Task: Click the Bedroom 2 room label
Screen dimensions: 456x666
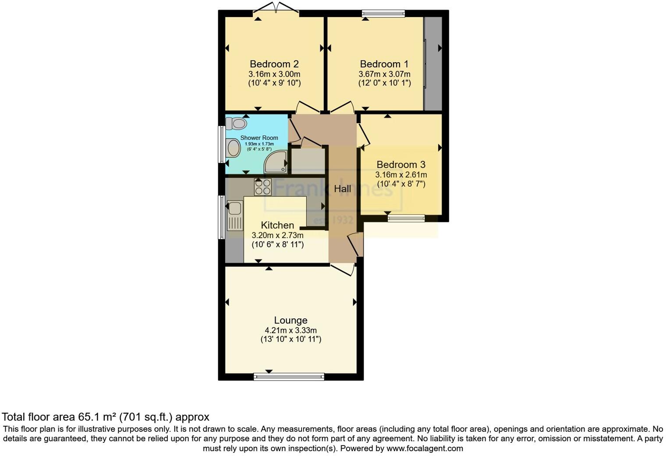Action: (274, 64)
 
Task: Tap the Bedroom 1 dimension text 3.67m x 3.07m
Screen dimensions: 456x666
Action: (384, 74)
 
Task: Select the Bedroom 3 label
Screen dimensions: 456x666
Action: (401, 165)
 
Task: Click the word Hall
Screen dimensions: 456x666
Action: (342, 189)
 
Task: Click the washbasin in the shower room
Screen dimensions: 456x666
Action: (233, 148)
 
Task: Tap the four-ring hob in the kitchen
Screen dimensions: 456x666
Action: (263, 187)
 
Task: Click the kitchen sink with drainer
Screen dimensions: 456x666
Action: (235, 215)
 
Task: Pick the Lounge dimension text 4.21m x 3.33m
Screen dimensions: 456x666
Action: (290, 330)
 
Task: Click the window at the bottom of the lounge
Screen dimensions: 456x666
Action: (289, 376)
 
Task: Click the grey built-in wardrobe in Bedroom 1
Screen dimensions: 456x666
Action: (433, 64)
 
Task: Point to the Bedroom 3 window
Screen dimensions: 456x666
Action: (406, 218)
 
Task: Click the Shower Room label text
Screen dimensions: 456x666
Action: (259, 138)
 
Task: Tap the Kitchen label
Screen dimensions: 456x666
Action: (277, 225)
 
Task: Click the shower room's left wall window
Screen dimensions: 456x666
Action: (222, 144)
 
